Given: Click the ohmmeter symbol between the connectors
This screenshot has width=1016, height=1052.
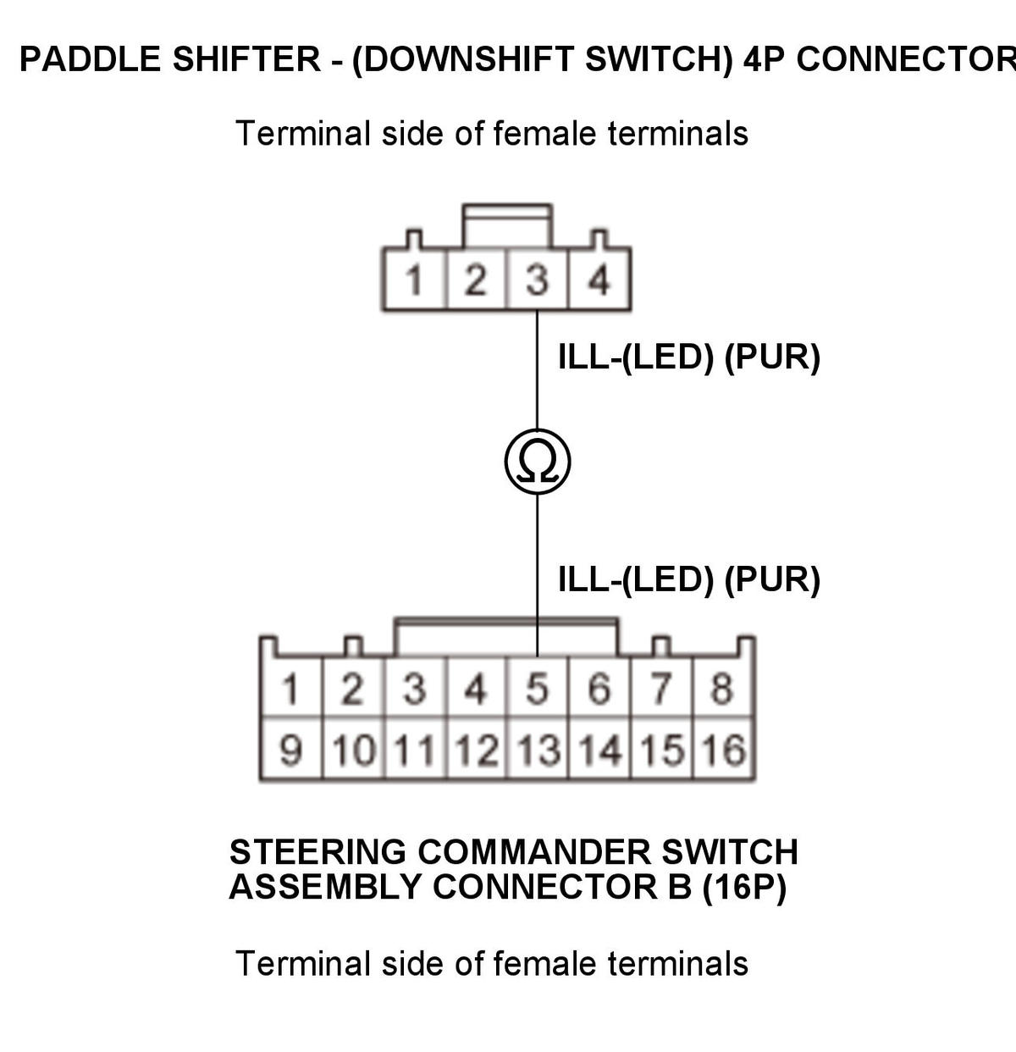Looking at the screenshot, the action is (x=537, y=461).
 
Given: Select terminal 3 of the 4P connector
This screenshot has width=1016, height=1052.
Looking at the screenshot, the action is (x=537, y=280).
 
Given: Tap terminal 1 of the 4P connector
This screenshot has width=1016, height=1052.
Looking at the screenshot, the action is (x=415, y=280).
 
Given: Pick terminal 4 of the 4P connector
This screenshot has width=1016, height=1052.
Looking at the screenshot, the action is (x=599, y=280).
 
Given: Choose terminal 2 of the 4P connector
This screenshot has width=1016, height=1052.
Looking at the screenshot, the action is (x=476, y=280).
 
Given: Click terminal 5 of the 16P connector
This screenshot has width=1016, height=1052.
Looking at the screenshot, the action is (x=537, y=688).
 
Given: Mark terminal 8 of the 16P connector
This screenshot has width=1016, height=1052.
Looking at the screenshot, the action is (x=722, y=688).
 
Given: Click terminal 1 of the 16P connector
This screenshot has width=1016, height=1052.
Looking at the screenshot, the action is (x=290, y=688).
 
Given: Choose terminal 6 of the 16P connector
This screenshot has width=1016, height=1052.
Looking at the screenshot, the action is (x=599, y=688).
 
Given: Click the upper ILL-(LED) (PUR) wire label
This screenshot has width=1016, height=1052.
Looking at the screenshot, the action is (x=689, y=357).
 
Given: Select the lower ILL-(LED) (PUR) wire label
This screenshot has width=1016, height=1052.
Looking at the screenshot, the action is (x=689, y=579).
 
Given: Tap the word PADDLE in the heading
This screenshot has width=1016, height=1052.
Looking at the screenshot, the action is (x=91, y=59).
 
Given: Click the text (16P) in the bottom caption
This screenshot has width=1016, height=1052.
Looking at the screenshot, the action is (x=743, y=887).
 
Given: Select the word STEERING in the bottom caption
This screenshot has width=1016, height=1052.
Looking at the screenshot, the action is (x=317, y=852).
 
